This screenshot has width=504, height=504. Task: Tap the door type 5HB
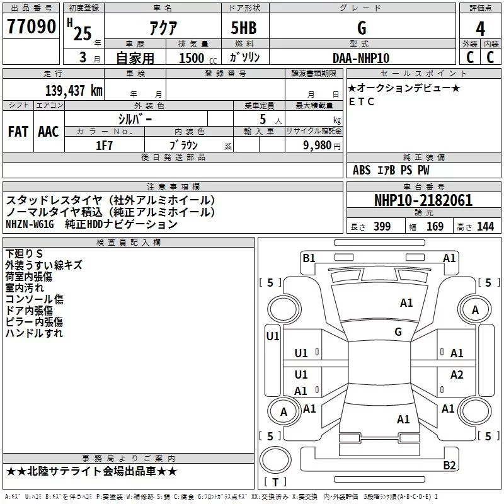[244, 28]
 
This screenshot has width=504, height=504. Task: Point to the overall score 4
[481, 29]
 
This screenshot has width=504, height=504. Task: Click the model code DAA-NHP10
[361, 58]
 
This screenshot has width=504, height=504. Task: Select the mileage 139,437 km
[73, 90]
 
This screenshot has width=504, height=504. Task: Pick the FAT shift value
[18, 132]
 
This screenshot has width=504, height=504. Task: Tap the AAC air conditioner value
[49, 132]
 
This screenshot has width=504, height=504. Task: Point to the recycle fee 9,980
[317, 145]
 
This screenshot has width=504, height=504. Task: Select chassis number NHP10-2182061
[423, 200]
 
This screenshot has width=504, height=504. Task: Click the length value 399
[382, 227]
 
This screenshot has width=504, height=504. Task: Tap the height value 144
[485, 227]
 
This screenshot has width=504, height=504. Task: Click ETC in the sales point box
[362, 101]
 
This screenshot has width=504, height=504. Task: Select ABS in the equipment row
[362, 170]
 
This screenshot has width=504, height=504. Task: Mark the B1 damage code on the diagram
[309, 257]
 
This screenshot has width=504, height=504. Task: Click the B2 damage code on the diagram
[449, 465]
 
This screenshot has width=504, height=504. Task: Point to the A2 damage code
[457, 375]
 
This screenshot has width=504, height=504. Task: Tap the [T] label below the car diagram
[275, 482]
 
